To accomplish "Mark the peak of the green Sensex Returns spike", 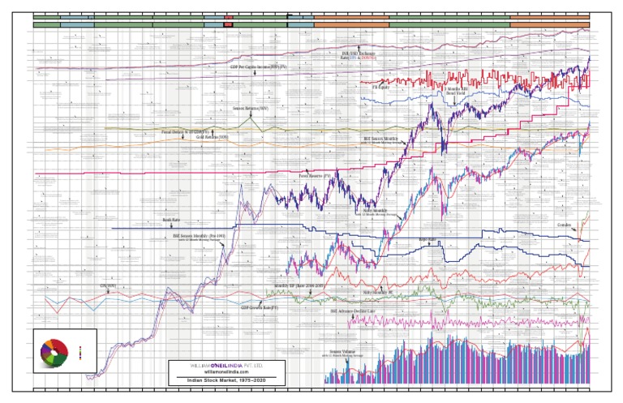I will [x=253, y=114].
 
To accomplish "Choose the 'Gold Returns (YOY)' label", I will [x=191, y=136].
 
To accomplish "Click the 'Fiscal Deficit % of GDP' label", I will [x=186, y=131].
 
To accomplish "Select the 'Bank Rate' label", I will [x=170, y=219].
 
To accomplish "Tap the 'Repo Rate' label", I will [x=428, y=240].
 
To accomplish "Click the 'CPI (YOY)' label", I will [x=109, y=287].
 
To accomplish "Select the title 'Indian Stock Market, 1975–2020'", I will [x=226, y=379].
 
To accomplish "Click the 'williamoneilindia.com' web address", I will [x=226, y=371].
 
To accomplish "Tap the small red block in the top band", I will [x=228, y=24].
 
